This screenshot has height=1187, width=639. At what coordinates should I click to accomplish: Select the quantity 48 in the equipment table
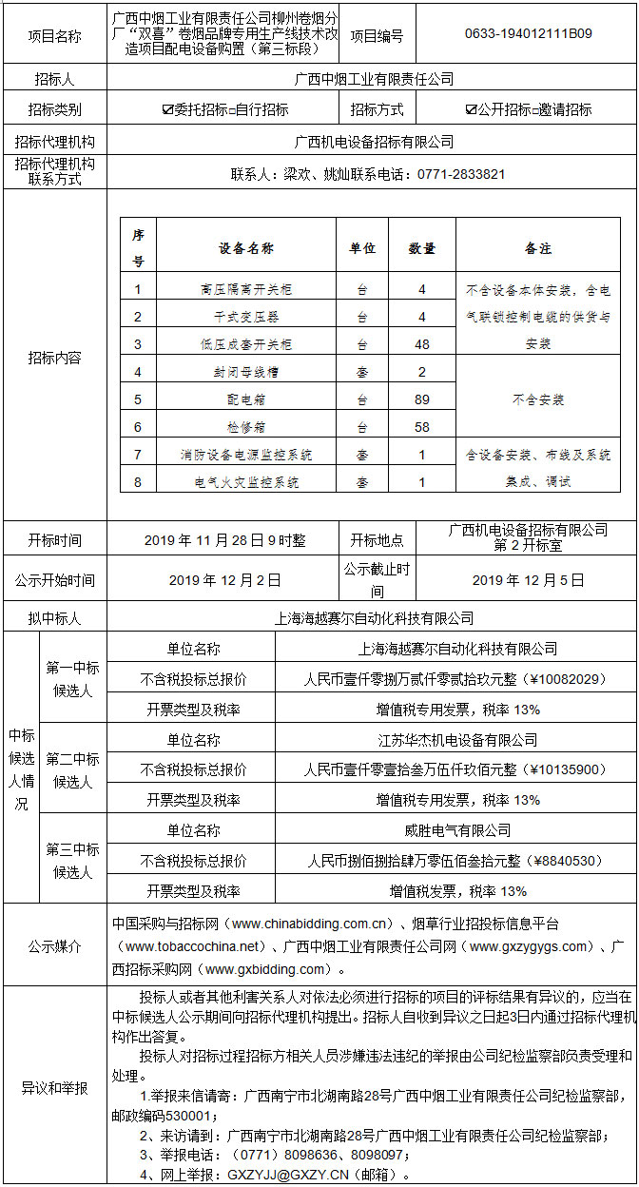421,344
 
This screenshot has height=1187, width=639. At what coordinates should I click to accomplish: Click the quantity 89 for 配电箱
421,400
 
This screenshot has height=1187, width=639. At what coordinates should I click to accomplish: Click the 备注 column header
537,248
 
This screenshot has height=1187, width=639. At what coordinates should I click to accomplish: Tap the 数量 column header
421,248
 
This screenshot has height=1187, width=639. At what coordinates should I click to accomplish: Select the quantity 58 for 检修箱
421,428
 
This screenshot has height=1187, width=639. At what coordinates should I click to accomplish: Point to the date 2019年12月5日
528,579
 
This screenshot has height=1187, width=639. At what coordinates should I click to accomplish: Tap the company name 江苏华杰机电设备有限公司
456,740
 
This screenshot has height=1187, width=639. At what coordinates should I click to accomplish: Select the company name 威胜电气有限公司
456,830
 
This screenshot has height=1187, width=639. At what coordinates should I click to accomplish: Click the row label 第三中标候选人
72,861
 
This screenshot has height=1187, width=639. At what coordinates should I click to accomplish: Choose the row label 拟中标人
55,618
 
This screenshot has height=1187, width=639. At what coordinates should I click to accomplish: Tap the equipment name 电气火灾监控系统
246,482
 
